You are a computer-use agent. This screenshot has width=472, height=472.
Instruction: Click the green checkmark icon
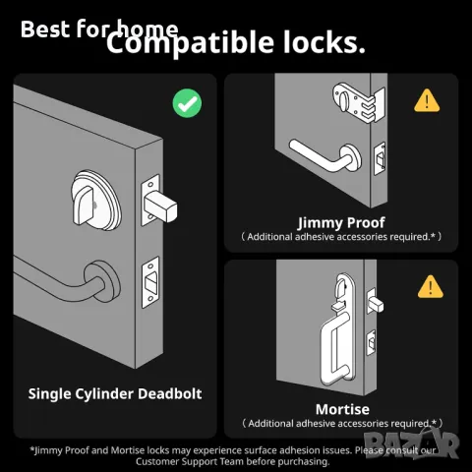pyautogui.click(x=187, y=102)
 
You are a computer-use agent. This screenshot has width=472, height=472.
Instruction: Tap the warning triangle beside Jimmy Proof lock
pyautogui.click(x=426, y=100)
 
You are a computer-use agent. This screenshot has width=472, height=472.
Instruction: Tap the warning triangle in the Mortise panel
pyautogui.click(x=429, y=286)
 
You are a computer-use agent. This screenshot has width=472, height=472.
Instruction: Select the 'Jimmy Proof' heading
pyautogui.click(x=341, y=222)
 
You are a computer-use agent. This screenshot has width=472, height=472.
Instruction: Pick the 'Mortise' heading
pyautogui.click(x=341, y=408)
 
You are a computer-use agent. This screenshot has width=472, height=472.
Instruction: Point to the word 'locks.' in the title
pyautogui.click(x=323, y=43)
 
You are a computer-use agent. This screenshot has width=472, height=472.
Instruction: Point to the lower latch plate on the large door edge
pyautogui.click(x=151, y=279)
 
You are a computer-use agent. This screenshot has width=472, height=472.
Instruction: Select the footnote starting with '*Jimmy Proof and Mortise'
pyautogui.click(x=236, y=455)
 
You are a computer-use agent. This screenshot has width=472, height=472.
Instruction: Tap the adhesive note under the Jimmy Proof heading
pyautogui.click(x=341, y=237)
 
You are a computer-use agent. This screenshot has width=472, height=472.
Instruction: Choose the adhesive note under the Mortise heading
pyautogui.click(x=341, y=423)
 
